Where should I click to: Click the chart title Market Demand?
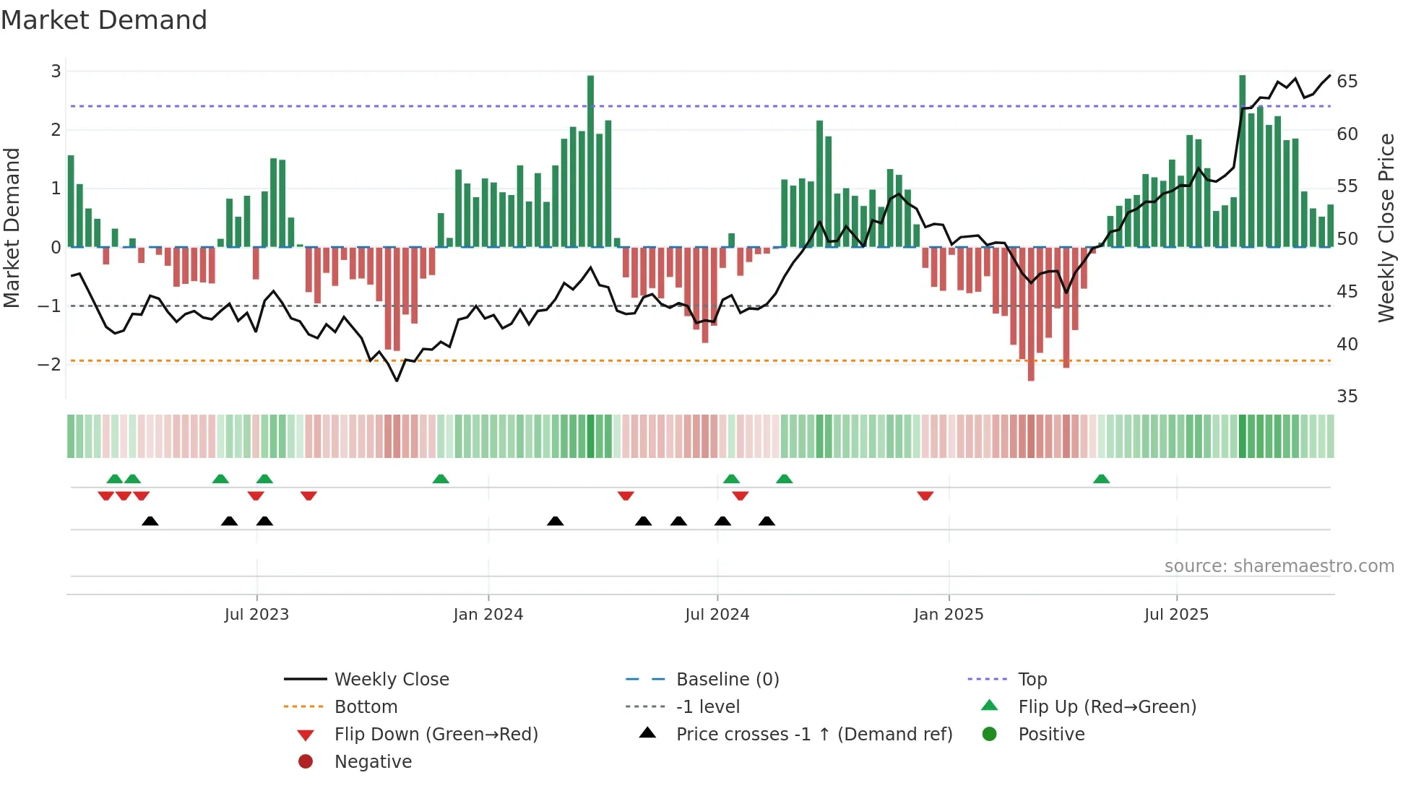click(104, 20)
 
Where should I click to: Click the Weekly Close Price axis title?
click(1386, 228)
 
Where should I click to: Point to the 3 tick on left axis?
click(56, 71)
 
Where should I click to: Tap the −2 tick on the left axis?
click(50, 364)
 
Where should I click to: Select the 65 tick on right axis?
click(1347, 81)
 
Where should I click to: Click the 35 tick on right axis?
click(1347, 396)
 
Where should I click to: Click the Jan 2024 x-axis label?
click(488, 615)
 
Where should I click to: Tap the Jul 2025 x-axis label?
click(1175, 615)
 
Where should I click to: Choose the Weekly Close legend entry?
click(391, 679)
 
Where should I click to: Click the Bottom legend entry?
click(366, 706)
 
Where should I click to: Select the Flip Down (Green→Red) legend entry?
click(436, 734)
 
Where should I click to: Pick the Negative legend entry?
click(373, 761)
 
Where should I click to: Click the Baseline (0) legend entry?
click(727, 679)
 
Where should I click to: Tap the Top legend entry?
click(1032, 679)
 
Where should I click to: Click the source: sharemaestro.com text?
click(1279, 566)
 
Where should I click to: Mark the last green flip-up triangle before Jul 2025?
click(1101, 479)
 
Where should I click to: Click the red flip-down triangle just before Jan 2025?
click(925, 496)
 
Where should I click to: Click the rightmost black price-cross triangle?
click(767, 521)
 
